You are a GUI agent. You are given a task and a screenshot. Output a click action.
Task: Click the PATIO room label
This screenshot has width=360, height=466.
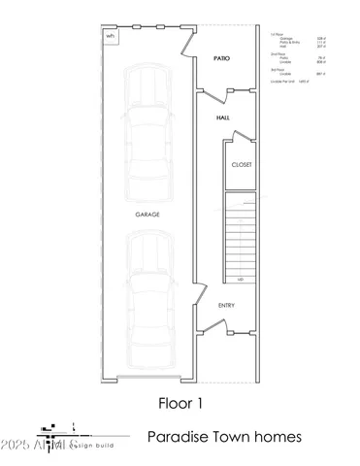tap(221, 59)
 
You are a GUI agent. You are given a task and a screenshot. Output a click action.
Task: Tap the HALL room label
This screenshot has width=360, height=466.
tap(222, 117)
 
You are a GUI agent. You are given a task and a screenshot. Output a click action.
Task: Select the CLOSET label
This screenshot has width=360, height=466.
tap(241, 164)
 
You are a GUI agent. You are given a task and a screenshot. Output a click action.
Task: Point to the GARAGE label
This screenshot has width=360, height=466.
tap(148, 213)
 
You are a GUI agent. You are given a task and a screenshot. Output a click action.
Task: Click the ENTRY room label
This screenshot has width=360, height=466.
tap(226, 306)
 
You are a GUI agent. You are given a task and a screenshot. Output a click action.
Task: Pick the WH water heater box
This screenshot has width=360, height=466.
tap(109, 35)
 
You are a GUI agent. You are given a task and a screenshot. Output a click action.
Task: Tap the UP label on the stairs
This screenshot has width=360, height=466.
tap(240, 280)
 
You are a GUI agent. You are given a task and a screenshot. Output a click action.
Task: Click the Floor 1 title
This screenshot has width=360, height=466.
tap(180, 400)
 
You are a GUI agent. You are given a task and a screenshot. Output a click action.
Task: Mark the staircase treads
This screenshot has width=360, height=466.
tap(241, 233)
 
